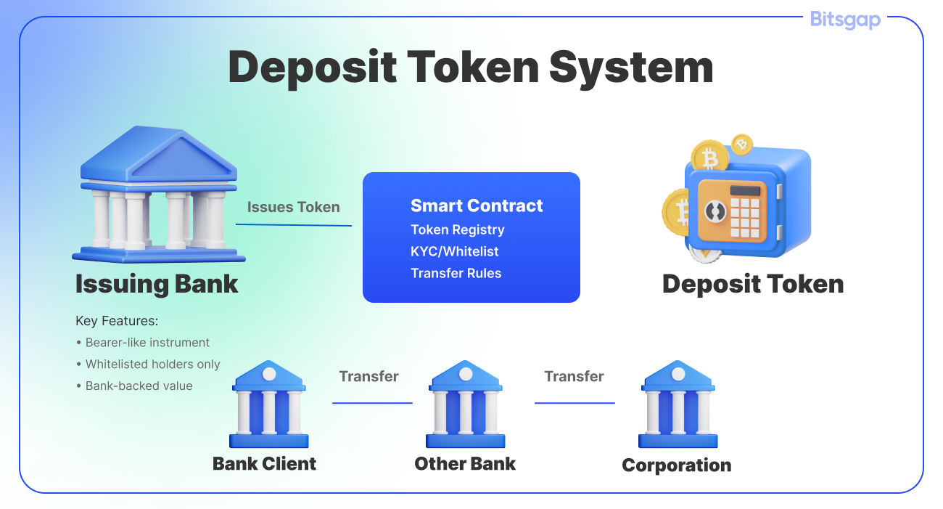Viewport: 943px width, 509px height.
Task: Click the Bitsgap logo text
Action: tap(845, 19)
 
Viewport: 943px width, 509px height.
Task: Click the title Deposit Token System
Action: tap(471, 67)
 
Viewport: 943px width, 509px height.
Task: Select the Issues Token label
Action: tap(293, 207)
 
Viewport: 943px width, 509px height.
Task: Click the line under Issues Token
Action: tap(293, 224)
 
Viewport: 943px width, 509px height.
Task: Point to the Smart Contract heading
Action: tap(477, 205)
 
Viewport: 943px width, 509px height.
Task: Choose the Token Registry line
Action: tap(457, 229)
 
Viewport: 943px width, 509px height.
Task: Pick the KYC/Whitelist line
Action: tap(454, 251)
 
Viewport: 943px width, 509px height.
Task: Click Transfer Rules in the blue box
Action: tap(456, 273)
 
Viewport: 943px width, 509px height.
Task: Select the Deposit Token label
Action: tap(752, 283)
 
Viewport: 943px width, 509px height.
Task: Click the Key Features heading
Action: tap(117, 320)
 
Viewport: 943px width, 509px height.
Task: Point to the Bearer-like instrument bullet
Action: tap(147, 342)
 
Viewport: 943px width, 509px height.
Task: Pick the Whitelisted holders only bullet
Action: tap(152, 364)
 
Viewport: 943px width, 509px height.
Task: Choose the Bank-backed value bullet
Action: tap(139, 386)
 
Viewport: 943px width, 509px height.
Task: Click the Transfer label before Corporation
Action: tap(574, 376)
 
